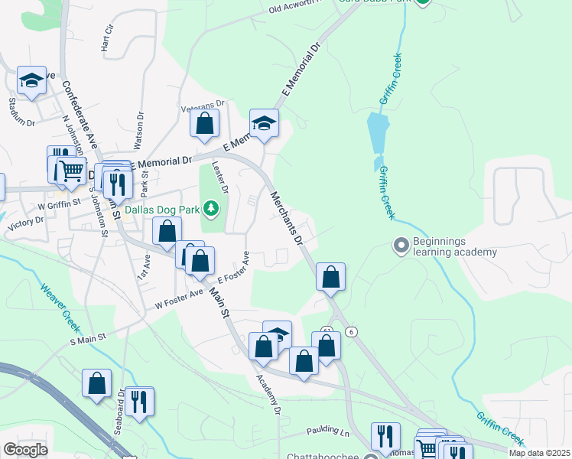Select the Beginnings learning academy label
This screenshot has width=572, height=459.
(455, 246)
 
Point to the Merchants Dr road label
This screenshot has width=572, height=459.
(288, 219)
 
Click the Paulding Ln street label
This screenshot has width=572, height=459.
(327, 432)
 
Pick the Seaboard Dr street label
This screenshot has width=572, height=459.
(119, 414)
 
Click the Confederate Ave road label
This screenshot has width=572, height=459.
(80, 115)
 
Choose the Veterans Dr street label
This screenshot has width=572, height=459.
(203, 105)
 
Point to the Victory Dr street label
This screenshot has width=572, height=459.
(25, 224)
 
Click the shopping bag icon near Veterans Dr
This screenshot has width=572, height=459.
(205, 123)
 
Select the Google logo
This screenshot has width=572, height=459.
(26, 450)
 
